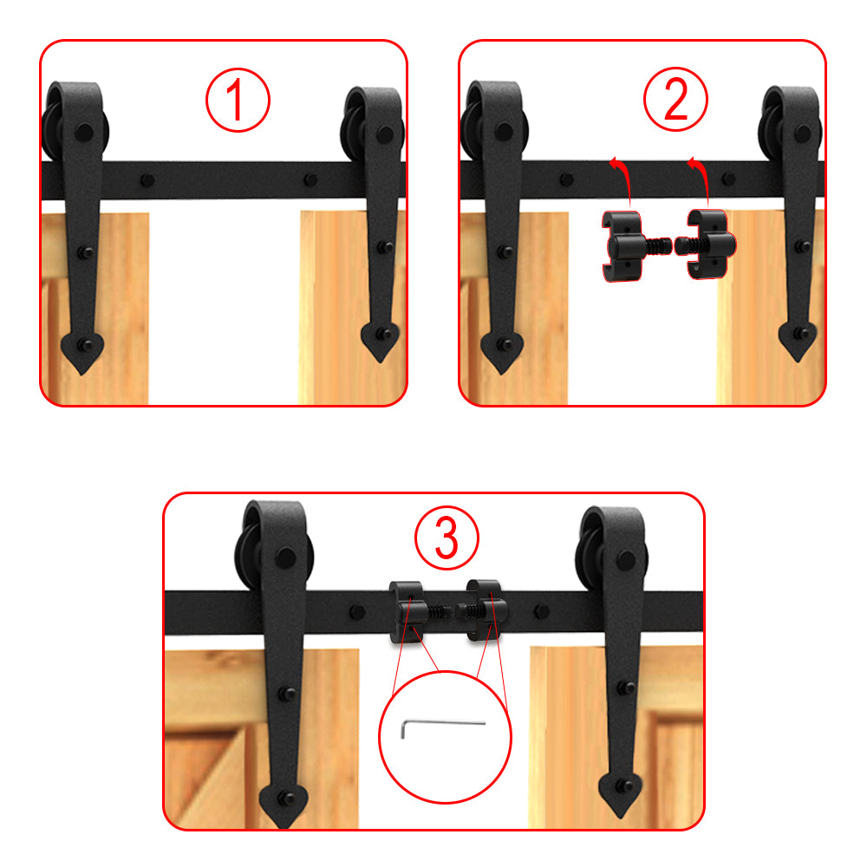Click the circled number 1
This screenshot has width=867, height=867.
click(x=238, y=101)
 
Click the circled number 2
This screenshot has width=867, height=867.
click(x=675, y=101)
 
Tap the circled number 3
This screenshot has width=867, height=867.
click(x=446, y=538)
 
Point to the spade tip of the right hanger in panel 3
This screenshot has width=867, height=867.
click(x=621, y=795)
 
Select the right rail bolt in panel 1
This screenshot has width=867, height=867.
click(x=310, y=181)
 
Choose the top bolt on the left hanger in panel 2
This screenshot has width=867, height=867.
click(x=502, y=133)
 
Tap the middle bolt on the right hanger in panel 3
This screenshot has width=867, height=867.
click(x=621, y=687)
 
